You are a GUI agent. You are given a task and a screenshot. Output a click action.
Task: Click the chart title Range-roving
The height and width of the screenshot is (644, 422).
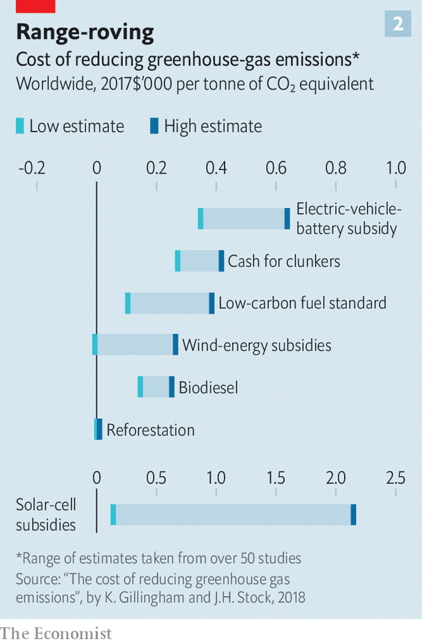85,32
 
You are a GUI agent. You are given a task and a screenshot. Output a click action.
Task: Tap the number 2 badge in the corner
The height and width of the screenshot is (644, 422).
398,24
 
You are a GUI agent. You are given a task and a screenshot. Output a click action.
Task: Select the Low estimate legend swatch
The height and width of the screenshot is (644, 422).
20,126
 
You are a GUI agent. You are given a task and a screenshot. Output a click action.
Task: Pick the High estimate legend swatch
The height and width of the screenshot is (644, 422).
155,126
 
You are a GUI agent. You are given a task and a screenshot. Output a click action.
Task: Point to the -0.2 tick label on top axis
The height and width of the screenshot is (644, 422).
32,167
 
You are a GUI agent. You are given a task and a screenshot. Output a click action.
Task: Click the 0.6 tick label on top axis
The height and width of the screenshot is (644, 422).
276,167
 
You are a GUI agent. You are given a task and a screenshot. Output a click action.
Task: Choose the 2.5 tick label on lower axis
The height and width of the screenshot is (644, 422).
396,477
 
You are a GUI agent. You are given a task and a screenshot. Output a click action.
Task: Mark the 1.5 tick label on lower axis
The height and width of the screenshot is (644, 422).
276,477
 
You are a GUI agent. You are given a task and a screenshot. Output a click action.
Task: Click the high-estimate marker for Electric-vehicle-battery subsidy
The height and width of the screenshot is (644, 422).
287,219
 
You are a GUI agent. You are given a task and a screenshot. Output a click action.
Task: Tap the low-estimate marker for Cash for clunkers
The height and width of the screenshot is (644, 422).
178,261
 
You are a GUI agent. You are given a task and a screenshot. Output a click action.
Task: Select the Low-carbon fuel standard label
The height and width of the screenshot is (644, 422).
302,303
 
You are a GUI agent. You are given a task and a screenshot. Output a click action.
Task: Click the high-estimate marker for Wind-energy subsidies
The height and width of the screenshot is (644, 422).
175,345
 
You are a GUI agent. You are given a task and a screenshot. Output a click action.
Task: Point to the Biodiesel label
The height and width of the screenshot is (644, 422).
208,387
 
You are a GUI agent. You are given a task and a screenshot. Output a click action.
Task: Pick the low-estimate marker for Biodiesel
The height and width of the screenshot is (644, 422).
140,387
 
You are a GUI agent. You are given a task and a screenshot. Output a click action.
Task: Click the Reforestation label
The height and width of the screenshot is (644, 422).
151,430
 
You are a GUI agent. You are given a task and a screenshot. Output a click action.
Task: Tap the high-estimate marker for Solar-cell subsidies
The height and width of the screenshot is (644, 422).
353,515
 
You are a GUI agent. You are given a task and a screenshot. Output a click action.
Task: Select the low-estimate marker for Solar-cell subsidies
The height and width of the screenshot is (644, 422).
113,515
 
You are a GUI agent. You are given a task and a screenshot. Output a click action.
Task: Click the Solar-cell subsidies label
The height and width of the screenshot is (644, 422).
46,515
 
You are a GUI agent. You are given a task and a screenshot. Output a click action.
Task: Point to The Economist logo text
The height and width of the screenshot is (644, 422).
56,633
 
